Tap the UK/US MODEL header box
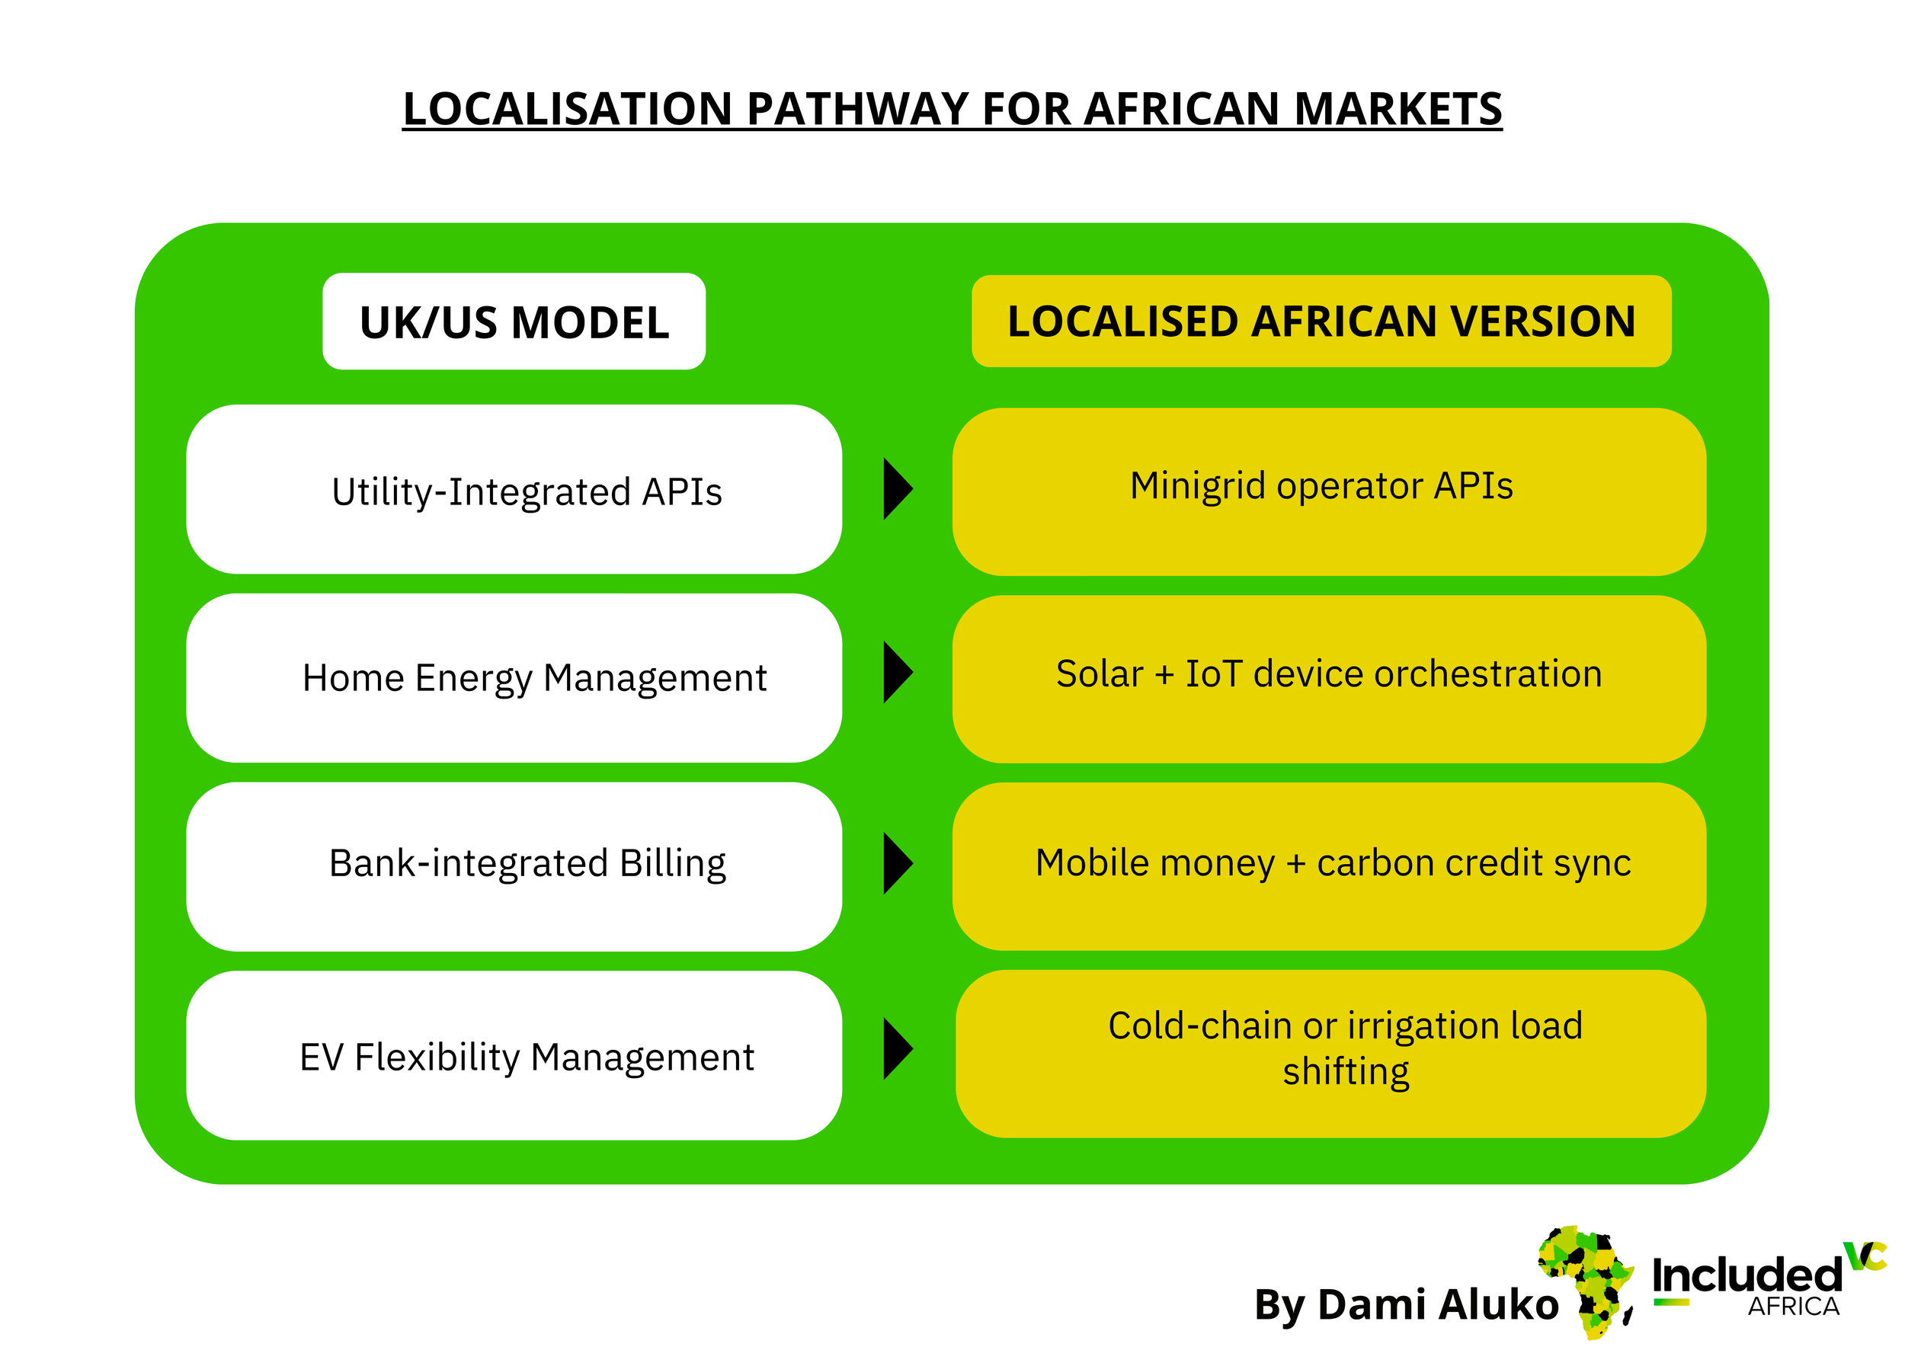tap(514, 322)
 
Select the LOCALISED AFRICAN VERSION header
tap(1321, 322)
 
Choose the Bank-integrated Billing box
tap(514, 866)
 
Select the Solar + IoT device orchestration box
tap(1328, 679)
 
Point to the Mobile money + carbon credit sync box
tap(1328, 866)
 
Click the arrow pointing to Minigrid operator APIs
tap(897, 488)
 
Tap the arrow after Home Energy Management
tap(897, 672)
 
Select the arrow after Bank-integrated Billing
tap(897, 862)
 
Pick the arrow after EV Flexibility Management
tap(897, 1048)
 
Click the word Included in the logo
tap(1747, 1275)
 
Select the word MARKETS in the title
tap(1398, 110)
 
